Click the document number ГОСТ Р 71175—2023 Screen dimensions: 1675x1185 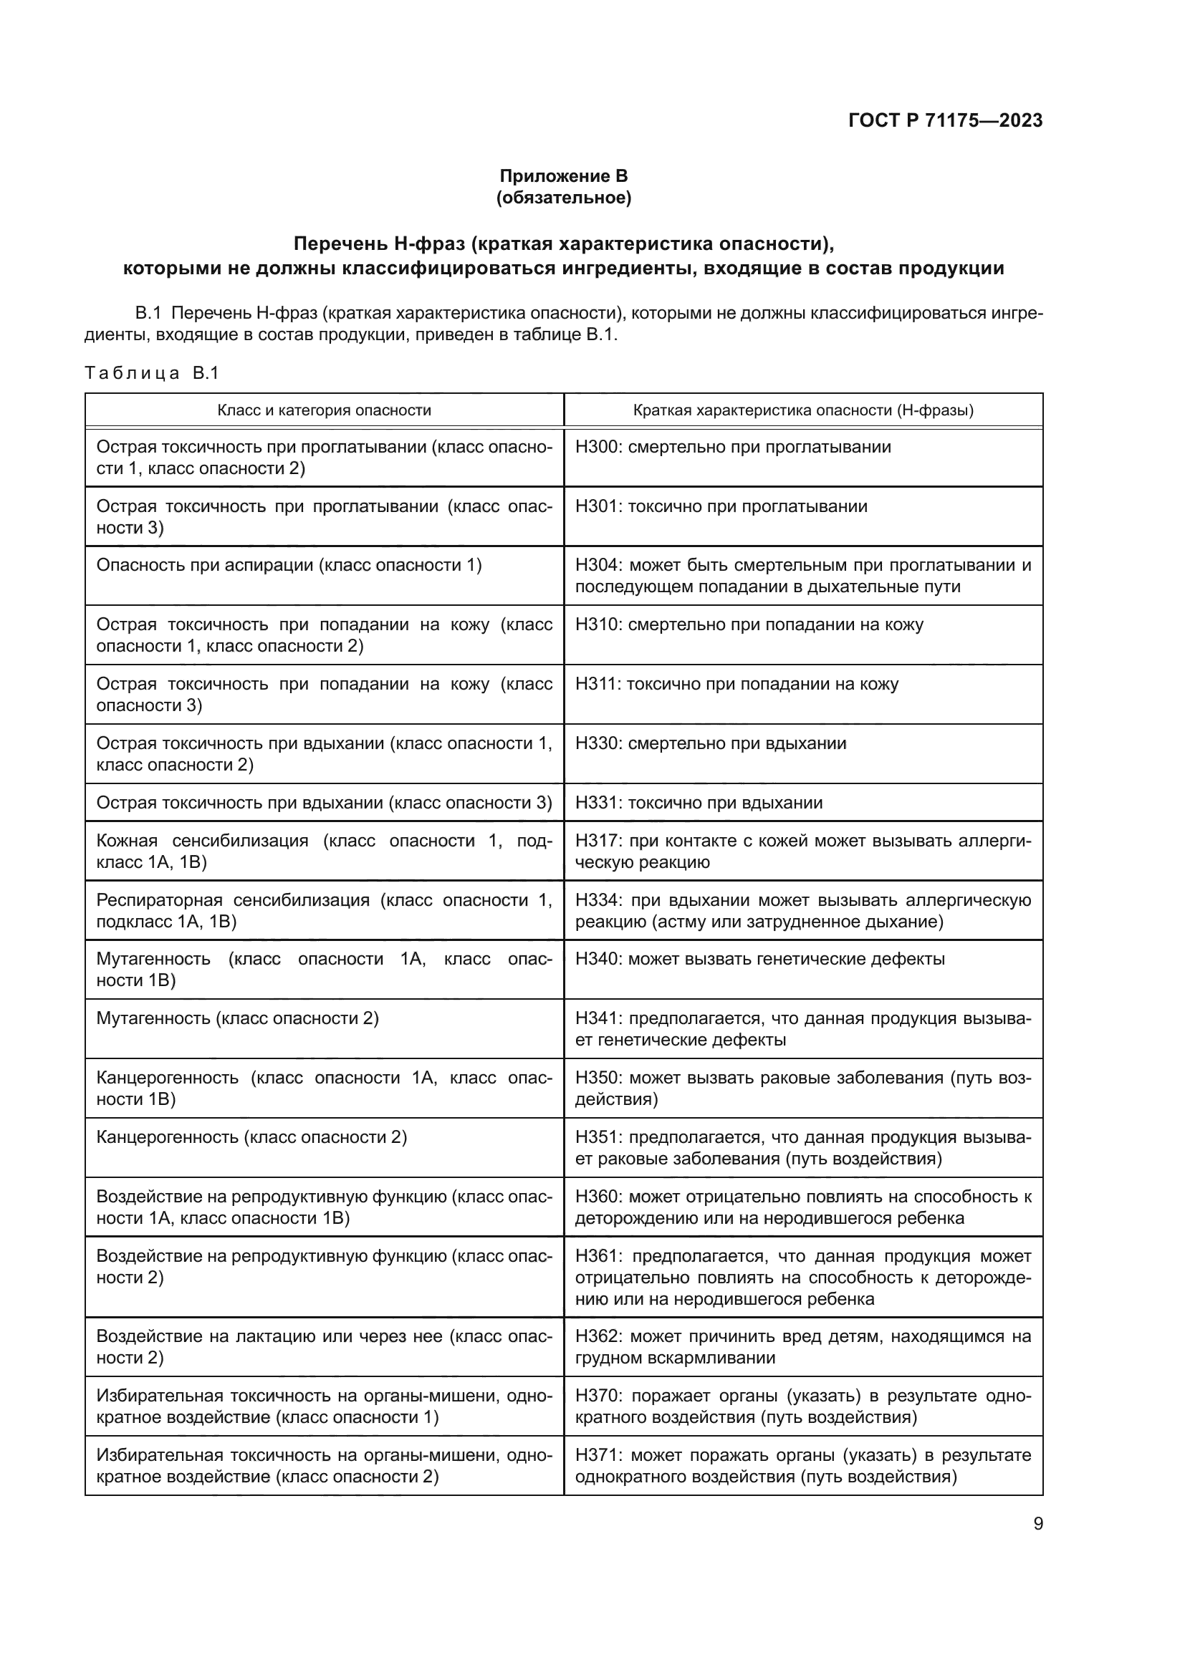945,121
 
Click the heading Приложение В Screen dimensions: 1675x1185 563,176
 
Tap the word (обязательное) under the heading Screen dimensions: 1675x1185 563,198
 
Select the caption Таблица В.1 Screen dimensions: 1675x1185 152,374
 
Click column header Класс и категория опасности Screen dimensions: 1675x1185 324,410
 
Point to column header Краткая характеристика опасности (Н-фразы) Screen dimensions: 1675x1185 802,410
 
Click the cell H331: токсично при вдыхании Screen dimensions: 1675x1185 699,803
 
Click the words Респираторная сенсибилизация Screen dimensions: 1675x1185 234,900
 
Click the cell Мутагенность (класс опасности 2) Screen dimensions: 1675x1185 237,1018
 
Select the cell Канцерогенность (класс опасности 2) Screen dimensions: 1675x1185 251,1137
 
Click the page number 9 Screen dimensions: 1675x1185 1037,1524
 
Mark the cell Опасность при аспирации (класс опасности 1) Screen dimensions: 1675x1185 289,566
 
